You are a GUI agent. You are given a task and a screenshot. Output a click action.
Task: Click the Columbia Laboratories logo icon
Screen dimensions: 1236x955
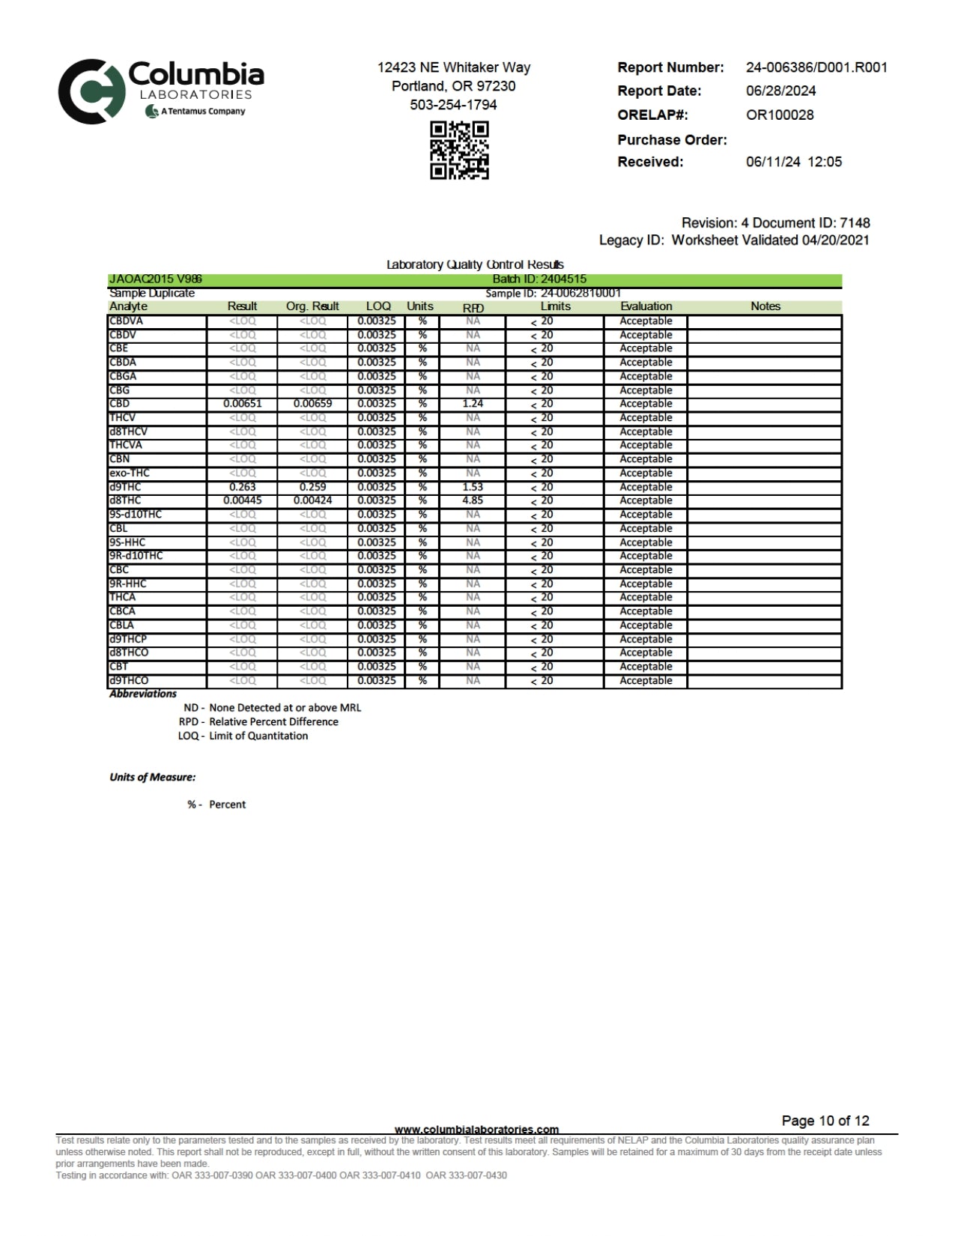click(x=91, y=91)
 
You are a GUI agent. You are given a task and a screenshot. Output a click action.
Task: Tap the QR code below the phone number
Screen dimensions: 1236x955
click(x=459, y=151)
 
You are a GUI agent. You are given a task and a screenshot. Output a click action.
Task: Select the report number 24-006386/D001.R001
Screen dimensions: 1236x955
click(x=816, y=67)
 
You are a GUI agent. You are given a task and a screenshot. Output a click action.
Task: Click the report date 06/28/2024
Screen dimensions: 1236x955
click(x=780, y=91)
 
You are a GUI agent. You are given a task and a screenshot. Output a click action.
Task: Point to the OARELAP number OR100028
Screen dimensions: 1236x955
click(x=779, y=115)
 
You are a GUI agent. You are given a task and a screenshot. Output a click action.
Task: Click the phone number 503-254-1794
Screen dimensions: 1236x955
click(x=453, y=105)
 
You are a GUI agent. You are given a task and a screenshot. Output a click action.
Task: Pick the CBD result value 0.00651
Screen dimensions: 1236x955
click(x=243, y=404)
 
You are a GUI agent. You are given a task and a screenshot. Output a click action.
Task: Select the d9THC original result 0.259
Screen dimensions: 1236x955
click(x=312, y=487)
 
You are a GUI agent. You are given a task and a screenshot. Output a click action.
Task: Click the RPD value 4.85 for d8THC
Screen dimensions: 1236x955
click(x=473, y=500)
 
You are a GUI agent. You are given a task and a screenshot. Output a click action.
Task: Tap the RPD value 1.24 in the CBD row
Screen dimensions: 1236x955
click(x=473, y=404)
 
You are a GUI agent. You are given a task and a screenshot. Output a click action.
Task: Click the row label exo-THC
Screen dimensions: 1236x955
click(x=130, y=473)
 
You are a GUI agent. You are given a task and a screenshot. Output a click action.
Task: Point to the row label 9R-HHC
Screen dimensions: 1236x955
click(x=128, y=584)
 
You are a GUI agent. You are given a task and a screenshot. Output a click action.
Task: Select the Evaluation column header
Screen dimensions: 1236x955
click(x=646, y=306)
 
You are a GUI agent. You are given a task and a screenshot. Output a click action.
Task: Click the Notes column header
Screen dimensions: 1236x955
click(x=765, y=306)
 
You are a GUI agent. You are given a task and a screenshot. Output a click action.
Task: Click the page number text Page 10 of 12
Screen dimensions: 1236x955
click(x=825, y=1121)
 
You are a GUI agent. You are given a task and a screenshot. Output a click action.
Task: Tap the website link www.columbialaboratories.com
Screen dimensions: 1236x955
click(x=476, y=1129)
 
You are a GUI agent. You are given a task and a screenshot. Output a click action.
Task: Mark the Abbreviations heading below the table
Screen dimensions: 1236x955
click(x=143, y=694)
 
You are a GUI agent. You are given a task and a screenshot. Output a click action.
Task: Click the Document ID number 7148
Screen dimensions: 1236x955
click(x=855, y=222)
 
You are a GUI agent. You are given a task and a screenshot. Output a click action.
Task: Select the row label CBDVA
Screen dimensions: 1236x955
click(x=126, y=321)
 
